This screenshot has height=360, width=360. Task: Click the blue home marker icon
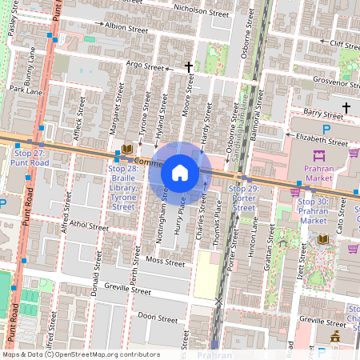(180, 172)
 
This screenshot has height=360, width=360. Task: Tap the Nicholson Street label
(197, 10)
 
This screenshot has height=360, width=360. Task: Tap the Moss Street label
(165, 262)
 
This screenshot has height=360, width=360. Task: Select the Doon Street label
(157, 317)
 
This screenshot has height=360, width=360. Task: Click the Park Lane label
(25, 91)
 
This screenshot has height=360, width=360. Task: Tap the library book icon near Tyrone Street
(126, 149)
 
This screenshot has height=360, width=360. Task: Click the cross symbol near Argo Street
(189, 67)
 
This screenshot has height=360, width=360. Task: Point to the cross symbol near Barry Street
(346, 107)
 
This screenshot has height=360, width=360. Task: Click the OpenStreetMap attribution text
(80, 354)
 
